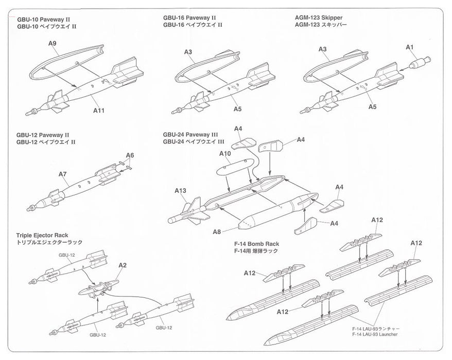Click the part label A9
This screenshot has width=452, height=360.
pyautogui.click(x=53, y=44)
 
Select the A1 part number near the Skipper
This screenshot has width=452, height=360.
pyautogui.click(x=410, y=47)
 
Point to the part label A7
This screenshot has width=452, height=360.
pyautogui.click(x=63, y=174)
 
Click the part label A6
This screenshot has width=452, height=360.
pyautogui.click(x=130, y=155)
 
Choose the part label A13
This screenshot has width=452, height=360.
pyautogui.click(x=180, y=190)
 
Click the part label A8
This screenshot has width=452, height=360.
pyautogui.click(x=217, y=231)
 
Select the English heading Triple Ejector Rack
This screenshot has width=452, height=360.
pyautogui.click(x=42, y=235)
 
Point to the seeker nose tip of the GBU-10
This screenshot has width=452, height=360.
pyautogui.click(x=29, y=112)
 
